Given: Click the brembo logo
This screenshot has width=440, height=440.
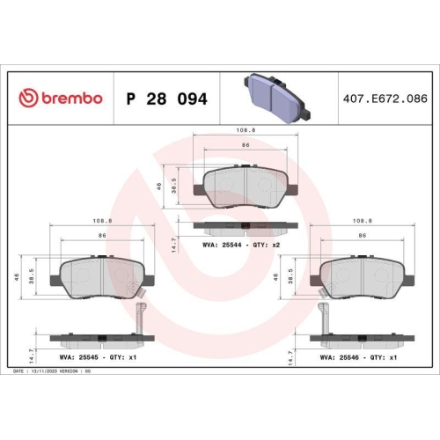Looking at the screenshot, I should tap(61, 98).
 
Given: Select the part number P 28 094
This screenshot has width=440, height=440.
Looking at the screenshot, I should tap(166, 99).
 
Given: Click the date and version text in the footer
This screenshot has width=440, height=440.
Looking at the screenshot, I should tap(53, 372).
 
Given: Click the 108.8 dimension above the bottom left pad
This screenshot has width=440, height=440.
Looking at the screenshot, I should tap(99, 222).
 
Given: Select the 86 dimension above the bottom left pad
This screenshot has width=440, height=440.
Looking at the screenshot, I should tap(102, 237).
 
